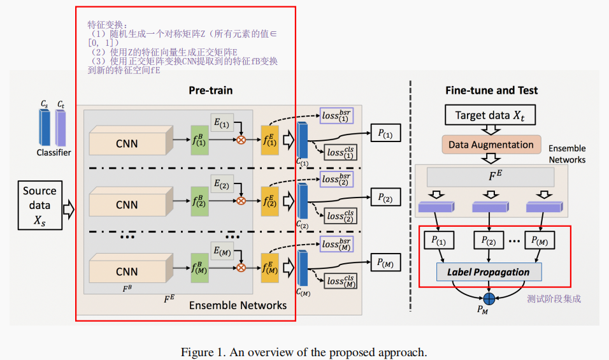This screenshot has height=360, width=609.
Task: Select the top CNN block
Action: point(126,143)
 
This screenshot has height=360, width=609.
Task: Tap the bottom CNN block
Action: point(126,271)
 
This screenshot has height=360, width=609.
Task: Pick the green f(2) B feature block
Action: point(200,201)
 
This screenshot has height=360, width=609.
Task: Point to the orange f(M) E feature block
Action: point(270,266)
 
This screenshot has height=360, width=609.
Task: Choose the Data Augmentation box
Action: point(491,145)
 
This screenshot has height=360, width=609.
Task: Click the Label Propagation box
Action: point(488,272)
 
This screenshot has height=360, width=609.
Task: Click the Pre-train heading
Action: point(210,90)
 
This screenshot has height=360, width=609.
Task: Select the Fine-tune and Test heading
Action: point(491,90)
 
